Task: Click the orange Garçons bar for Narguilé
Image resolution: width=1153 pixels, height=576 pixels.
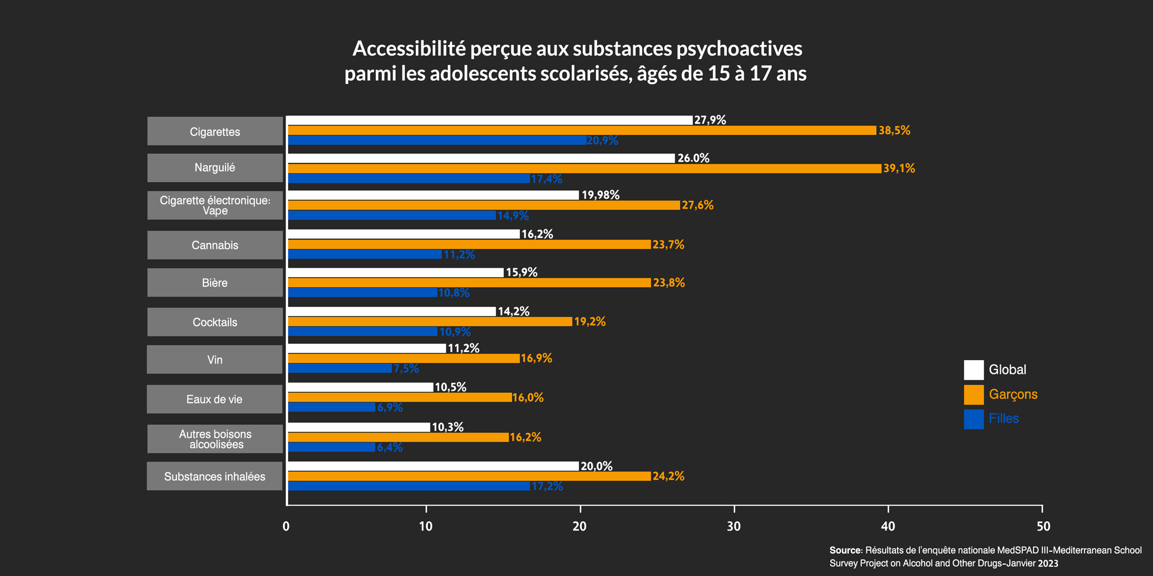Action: coord(584,168)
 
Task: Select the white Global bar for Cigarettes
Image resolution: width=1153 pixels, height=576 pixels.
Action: coord(490,120)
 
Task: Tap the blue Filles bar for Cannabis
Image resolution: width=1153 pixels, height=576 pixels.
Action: coord(364,255)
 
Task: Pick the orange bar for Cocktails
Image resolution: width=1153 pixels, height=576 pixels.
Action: coord(429,321)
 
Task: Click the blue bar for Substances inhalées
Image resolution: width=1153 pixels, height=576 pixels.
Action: coord(408,486)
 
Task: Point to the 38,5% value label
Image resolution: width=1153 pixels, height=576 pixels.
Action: coord(894,131)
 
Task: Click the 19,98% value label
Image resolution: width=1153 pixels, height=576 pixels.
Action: coord(600,195)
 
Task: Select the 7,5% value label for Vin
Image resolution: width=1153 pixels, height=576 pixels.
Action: coord(406,369)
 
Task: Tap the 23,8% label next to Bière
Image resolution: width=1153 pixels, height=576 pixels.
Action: coord(669,283)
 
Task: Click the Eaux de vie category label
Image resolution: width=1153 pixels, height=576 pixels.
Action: coord(214,399)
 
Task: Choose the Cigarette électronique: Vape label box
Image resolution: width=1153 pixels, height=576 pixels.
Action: coord(215,206)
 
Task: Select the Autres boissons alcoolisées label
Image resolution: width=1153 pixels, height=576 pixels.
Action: coord(215,439)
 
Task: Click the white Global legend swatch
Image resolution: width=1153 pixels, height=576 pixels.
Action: coord(974,370)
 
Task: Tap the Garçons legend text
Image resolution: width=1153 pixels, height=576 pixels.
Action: coord(1013,395)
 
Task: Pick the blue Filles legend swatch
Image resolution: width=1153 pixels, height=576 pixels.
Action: coord(974,419)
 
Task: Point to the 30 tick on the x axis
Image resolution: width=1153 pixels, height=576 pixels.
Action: coord(734,526)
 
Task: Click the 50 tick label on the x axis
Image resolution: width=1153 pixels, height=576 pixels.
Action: coord(1043,526)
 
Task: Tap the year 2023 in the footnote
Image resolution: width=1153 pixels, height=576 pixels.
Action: coord(1048,563)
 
